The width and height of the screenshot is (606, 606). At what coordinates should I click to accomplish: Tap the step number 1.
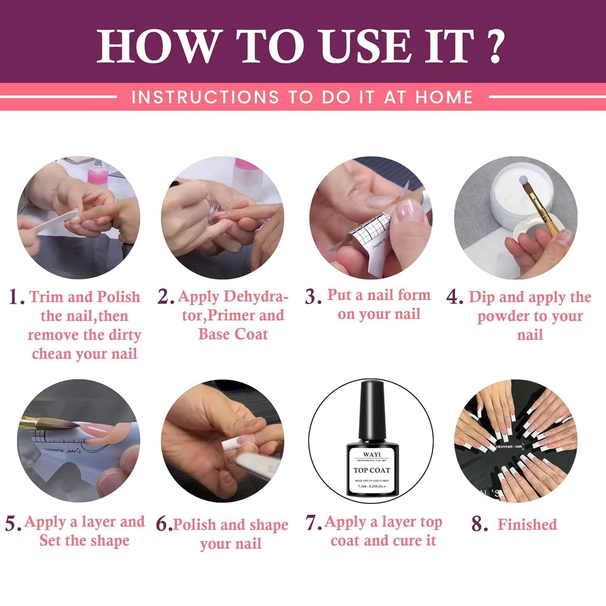[16, 298]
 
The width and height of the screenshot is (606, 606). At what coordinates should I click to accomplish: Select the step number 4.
[455, 298]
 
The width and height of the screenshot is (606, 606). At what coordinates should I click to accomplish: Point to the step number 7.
[314, 522]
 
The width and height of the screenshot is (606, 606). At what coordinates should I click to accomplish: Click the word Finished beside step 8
[527, 524]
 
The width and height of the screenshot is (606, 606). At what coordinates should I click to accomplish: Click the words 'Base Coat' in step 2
[233, 335]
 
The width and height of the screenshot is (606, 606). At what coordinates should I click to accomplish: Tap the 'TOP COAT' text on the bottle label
[372, 470]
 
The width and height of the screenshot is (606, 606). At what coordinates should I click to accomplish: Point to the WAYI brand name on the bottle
[372, 455]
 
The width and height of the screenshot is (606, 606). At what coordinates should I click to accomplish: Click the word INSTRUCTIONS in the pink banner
[205, 97]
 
